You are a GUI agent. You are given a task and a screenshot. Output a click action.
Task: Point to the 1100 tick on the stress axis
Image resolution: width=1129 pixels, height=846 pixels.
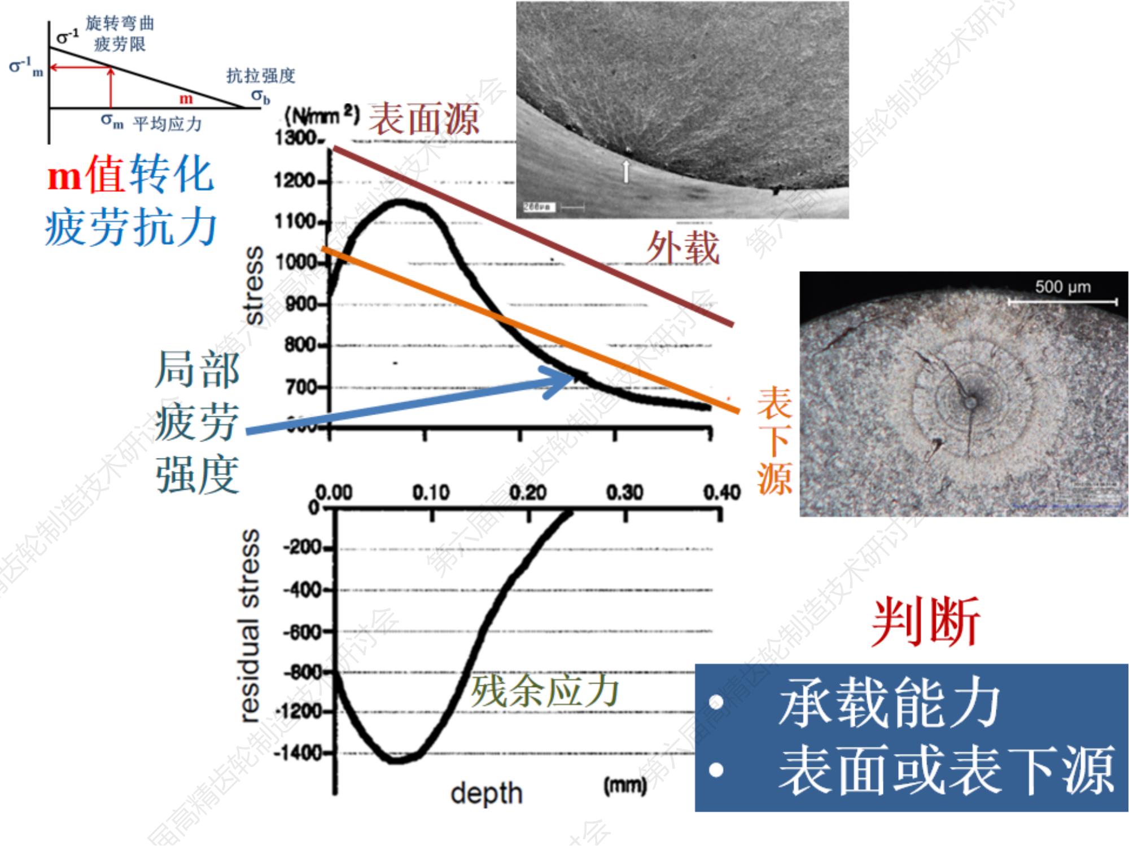tap(295, 222)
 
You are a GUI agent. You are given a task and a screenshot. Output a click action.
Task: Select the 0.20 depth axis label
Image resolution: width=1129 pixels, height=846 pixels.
tap(528, 492)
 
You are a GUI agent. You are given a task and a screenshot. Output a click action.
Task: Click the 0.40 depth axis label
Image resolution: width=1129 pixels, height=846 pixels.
tap(721, 492)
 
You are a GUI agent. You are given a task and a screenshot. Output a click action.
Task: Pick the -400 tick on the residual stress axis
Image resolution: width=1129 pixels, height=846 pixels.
tap(302, 591)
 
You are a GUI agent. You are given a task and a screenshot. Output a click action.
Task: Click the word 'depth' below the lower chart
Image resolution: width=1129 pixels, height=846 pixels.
tap(487, 794)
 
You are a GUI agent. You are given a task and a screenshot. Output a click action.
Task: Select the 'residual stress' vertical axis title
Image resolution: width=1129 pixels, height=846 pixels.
tap(250, 625)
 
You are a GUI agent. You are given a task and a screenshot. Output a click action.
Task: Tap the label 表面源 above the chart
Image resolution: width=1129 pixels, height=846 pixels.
tap(424, 118)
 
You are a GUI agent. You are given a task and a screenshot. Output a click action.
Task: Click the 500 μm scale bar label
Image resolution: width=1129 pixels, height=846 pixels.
tap(1062, 287)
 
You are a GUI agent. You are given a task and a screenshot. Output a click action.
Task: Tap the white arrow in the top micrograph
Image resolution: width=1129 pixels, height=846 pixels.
tap(625, 171)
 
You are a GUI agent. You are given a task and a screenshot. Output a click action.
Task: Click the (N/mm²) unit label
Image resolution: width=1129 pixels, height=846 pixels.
tap(322, 116)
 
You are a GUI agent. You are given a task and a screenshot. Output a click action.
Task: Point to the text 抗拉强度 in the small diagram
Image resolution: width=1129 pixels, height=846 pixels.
tap(261, 76)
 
